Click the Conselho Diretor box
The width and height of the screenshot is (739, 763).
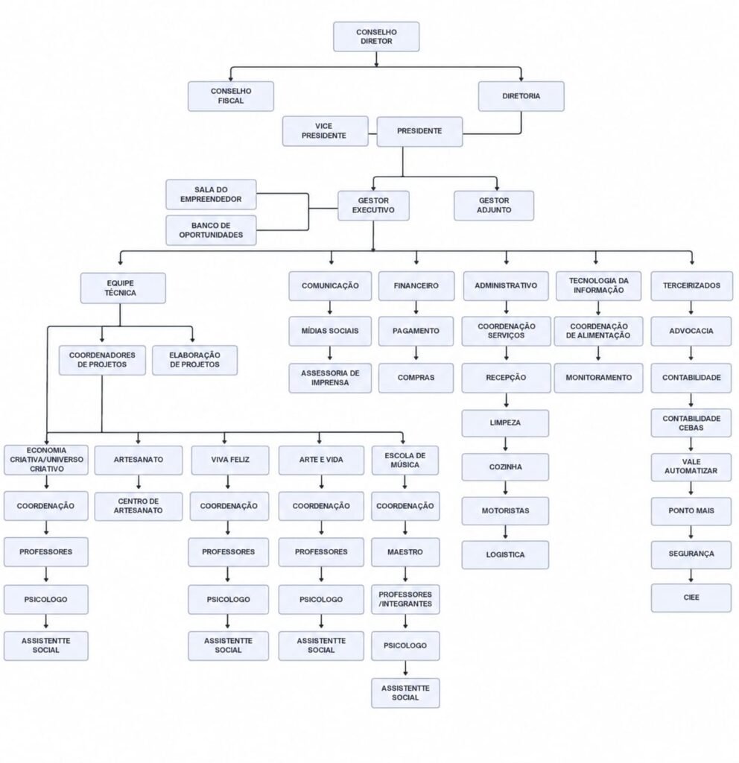click(376, 37)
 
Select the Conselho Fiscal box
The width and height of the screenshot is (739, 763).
click(231, 96)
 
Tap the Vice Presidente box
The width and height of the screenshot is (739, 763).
click(325, 131)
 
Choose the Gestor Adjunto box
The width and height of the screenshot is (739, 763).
click(494, 206)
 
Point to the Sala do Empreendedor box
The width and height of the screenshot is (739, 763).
click(211, 194)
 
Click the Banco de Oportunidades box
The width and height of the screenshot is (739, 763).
click(211, 230)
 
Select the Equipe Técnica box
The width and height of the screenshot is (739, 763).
click(123, 288)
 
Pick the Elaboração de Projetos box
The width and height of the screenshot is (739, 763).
click(194, 360)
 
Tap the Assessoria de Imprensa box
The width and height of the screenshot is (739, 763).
click(330, 378)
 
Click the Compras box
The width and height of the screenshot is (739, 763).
click(416, 378)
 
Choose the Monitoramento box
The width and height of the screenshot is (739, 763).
click(598, 378)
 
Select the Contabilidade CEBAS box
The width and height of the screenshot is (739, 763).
click(691, 423)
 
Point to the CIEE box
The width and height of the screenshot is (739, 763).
click(691, 598)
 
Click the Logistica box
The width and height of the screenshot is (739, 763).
click(505, 554)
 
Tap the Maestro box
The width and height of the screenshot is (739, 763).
click(405, 552)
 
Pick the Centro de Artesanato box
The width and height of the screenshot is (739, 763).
click(138, 506)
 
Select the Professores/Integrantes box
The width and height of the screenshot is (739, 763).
click(405, 600)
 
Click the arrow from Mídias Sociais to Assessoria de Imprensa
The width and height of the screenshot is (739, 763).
click(330, 354)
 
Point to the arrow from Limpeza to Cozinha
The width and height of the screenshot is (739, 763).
click(506, 445)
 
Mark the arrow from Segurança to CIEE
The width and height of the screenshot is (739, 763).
click(691, 576)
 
